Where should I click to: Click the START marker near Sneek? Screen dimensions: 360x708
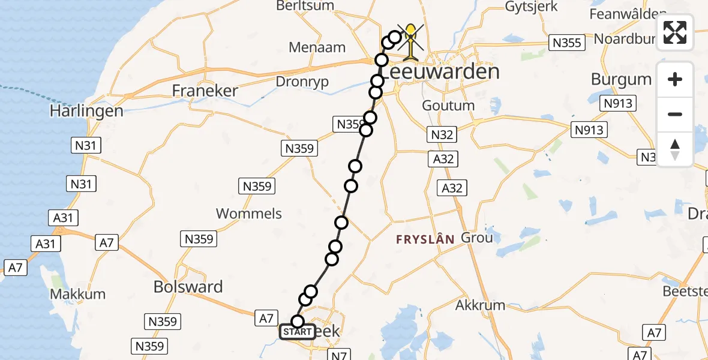tap(297, 332)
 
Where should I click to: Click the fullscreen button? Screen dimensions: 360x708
tap(675, 32)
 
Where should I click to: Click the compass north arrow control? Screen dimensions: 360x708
tap(675, 149)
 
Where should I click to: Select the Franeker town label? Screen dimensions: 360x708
tap(205, 91)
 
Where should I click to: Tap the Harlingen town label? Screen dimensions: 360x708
tap(86, 111)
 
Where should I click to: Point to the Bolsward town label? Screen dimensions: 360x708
tap(188, 287)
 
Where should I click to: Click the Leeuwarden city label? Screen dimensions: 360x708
tap(440, 73)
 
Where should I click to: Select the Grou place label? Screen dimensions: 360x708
tap(476, 238)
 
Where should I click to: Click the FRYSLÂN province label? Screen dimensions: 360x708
tap(425, 239)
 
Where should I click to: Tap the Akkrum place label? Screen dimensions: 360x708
tap(480, 305)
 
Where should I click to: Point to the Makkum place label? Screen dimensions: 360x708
tap(77, 294)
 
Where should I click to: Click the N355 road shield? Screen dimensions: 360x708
tap(565, 43)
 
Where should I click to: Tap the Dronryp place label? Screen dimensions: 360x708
tap(302, 82)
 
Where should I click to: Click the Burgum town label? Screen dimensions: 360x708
tap(621, 79)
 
